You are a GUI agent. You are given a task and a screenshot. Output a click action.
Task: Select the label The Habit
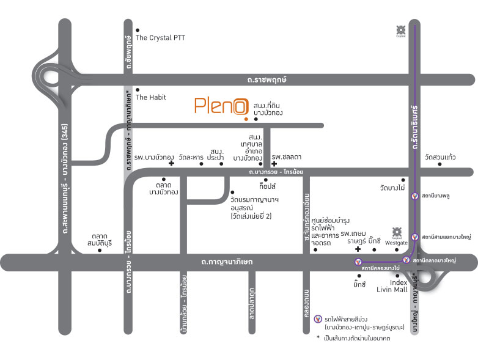150,97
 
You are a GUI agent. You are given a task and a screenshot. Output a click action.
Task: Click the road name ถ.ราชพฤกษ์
267,79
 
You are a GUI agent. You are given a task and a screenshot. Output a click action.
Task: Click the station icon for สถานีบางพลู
416,196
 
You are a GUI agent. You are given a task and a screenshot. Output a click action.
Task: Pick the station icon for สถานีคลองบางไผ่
358,262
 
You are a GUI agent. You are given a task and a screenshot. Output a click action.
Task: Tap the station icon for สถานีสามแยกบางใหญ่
416,237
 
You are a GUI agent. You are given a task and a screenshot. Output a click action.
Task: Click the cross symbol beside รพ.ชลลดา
274,164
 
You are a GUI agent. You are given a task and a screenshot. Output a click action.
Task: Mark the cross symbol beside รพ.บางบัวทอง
171,164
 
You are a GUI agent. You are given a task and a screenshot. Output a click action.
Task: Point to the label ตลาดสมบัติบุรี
100,238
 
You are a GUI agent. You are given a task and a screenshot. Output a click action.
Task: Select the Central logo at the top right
400,31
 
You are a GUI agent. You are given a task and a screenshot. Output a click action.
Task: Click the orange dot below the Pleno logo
244,120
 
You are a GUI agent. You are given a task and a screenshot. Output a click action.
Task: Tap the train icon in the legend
317,319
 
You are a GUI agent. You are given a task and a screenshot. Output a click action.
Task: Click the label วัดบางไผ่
392,188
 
